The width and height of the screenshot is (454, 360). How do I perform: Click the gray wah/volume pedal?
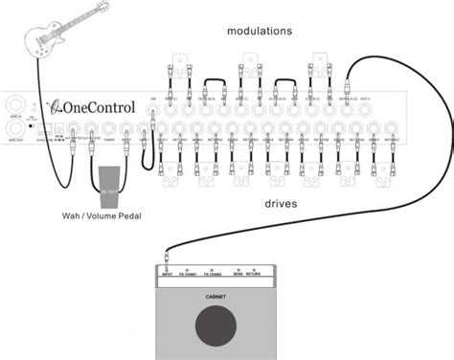coord(107,181)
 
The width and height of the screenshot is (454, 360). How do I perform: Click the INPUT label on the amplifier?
coord(168,273)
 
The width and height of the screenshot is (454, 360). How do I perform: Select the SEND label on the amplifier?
coord(237,273)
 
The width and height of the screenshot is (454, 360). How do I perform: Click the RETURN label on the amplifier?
coord(254,273)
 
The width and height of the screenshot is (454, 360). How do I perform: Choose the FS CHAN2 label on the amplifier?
coord(214,273)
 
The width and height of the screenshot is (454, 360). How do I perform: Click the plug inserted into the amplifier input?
coord(168,258)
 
